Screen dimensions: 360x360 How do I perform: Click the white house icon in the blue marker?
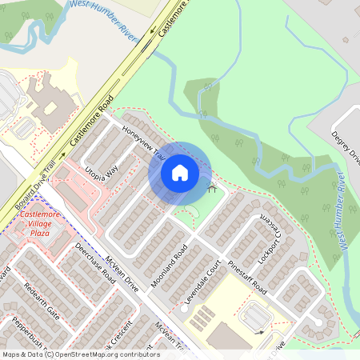tap(179, 172)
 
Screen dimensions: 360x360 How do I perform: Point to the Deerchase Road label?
tap(94, 260)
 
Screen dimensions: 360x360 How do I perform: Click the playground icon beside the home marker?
tap(212, 189)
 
